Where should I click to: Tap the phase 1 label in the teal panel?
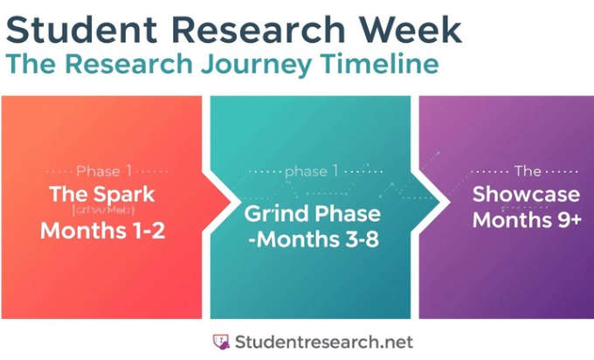click(311, 171)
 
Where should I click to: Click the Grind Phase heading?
click(312, 214)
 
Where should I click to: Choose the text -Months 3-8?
click(312, 239)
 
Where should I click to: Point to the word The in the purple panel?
click(528, 171)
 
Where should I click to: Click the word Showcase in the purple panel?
click(527, 194)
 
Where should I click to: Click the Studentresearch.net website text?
click(322, 341)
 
